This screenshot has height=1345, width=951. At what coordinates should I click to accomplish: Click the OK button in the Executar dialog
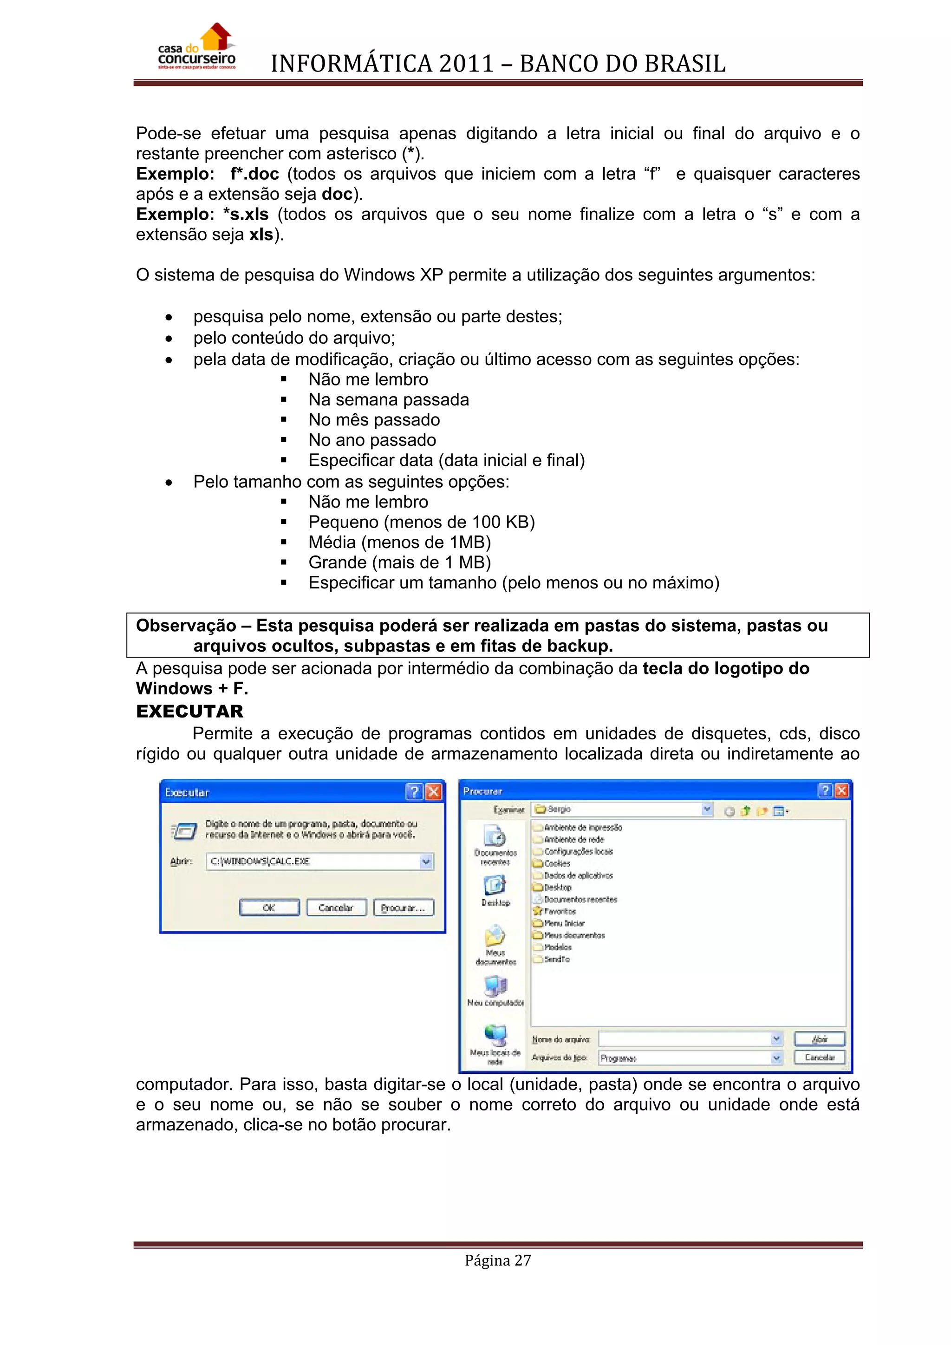point(269,908)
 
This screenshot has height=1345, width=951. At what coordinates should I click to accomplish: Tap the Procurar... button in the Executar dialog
point(404,908)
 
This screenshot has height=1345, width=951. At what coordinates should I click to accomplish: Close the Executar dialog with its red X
point(433,792)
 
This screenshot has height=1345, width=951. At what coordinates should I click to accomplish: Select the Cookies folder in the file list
point(557,863)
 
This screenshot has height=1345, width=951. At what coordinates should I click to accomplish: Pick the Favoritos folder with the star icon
point(559,911)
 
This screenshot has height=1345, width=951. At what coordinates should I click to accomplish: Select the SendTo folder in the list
point(556,959)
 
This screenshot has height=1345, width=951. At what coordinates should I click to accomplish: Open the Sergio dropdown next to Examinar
point(707,809)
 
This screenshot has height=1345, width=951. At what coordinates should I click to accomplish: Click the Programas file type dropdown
point(776,1058)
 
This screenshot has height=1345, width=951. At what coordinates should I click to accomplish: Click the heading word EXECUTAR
point(189,711)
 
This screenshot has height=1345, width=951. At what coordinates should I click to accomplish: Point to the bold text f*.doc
point(254,174)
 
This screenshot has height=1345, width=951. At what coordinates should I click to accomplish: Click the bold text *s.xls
point(246,215)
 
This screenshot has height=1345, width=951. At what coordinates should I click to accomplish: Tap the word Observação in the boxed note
point(186,626)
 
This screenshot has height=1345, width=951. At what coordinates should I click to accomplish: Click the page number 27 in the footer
point(522,1260)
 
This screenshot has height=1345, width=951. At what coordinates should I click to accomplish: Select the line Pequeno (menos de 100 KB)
point(421,522)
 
